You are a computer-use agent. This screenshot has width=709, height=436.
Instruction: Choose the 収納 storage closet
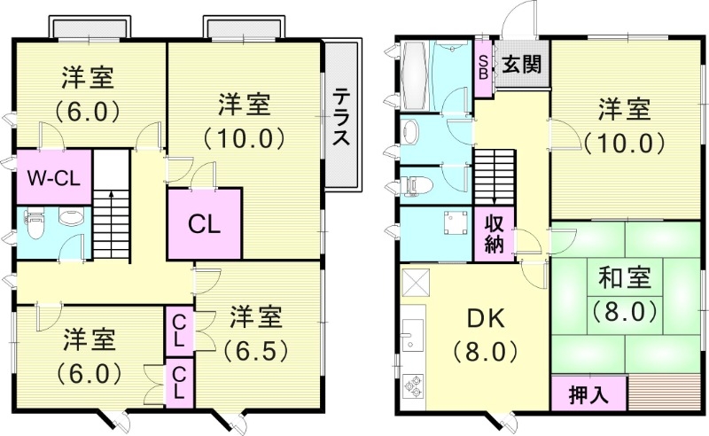pos(493,233)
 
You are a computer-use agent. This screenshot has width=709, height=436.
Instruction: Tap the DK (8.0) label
pos(485,334)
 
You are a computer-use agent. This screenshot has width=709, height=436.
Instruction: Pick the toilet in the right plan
pos(412,185)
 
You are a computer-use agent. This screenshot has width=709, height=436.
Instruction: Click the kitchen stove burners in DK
pos(413,385)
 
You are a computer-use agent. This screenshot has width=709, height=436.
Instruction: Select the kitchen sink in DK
pos(410,340)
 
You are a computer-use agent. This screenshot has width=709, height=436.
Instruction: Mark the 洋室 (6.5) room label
pos(256,331)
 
